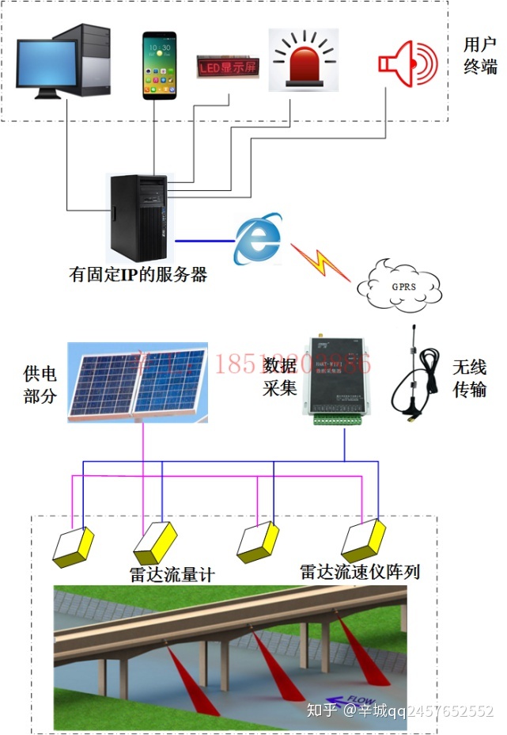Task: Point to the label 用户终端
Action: coord(480,55)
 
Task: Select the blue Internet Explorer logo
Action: coord(258,237)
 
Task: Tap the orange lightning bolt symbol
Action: coord(320,262)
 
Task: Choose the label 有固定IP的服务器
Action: coord(138,275)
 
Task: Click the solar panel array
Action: coord(137,380)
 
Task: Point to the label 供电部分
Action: coord(40,383)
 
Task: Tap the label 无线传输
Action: coord(469,379)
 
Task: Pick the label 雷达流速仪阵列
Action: coord(360,571)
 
